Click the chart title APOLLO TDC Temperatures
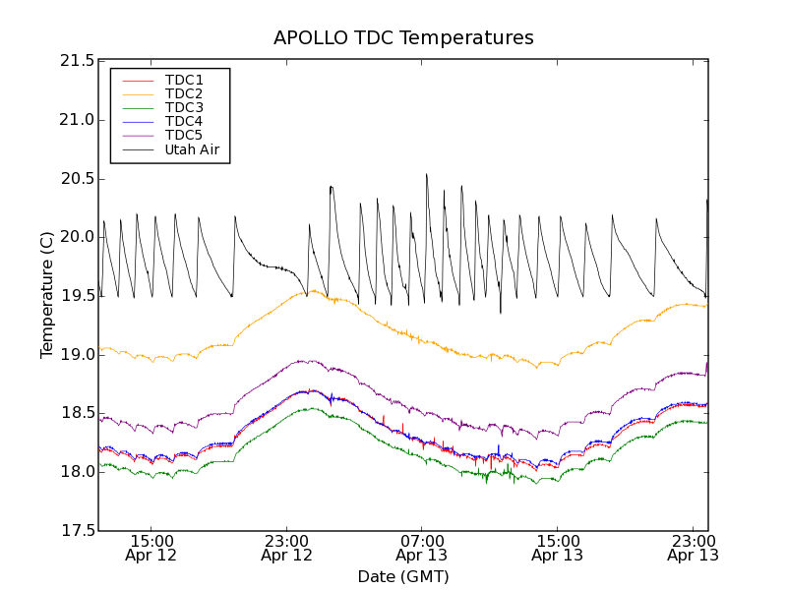(x=403, y=38)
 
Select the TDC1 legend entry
(x=184, y=80)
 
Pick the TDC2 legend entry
(x=184, y=93)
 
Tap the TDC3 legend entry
(x=184, y=107)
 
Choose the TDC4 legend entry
(x=184, y=122)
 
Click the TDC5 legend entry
(x=184, y=136)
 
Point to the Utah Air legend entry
(x=191, y=150)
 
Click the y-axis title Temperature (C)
(x=47, y=295)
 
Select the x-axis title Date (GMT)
(x=403, y=577)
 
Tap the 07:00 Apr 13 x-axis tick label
(x=422, y=548)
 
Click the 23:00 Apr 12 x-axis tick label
(x=286, y=548)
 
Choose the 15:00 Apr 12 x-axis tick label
(x=151, y=548)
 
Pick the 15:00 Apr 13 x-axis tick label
(x=557, y=548)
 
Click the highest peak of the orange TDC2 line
(x=313, y=290)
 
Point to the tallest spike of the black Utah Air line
(x=426, y=175)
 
